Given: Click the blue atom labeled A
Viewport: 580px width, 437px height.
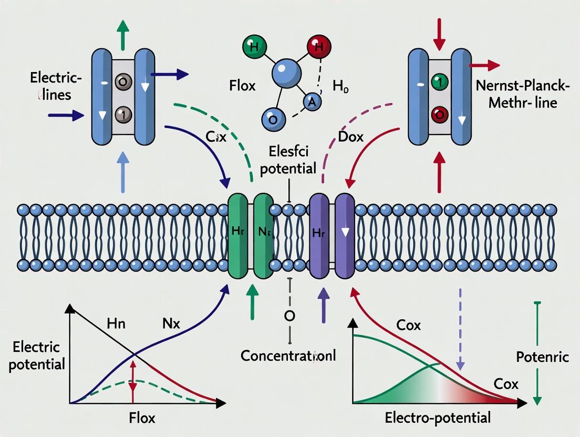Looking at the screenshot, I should coord(312,103).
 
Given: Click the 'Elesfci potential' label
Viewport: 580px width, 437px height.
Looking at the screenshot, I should coord(288,161).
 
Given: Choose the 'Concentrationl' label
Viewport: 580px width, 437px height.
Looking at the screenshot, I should coord(288,356).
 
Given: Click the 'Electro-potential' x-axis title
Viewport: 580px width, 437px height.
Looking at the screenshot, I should coord(438,418).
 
